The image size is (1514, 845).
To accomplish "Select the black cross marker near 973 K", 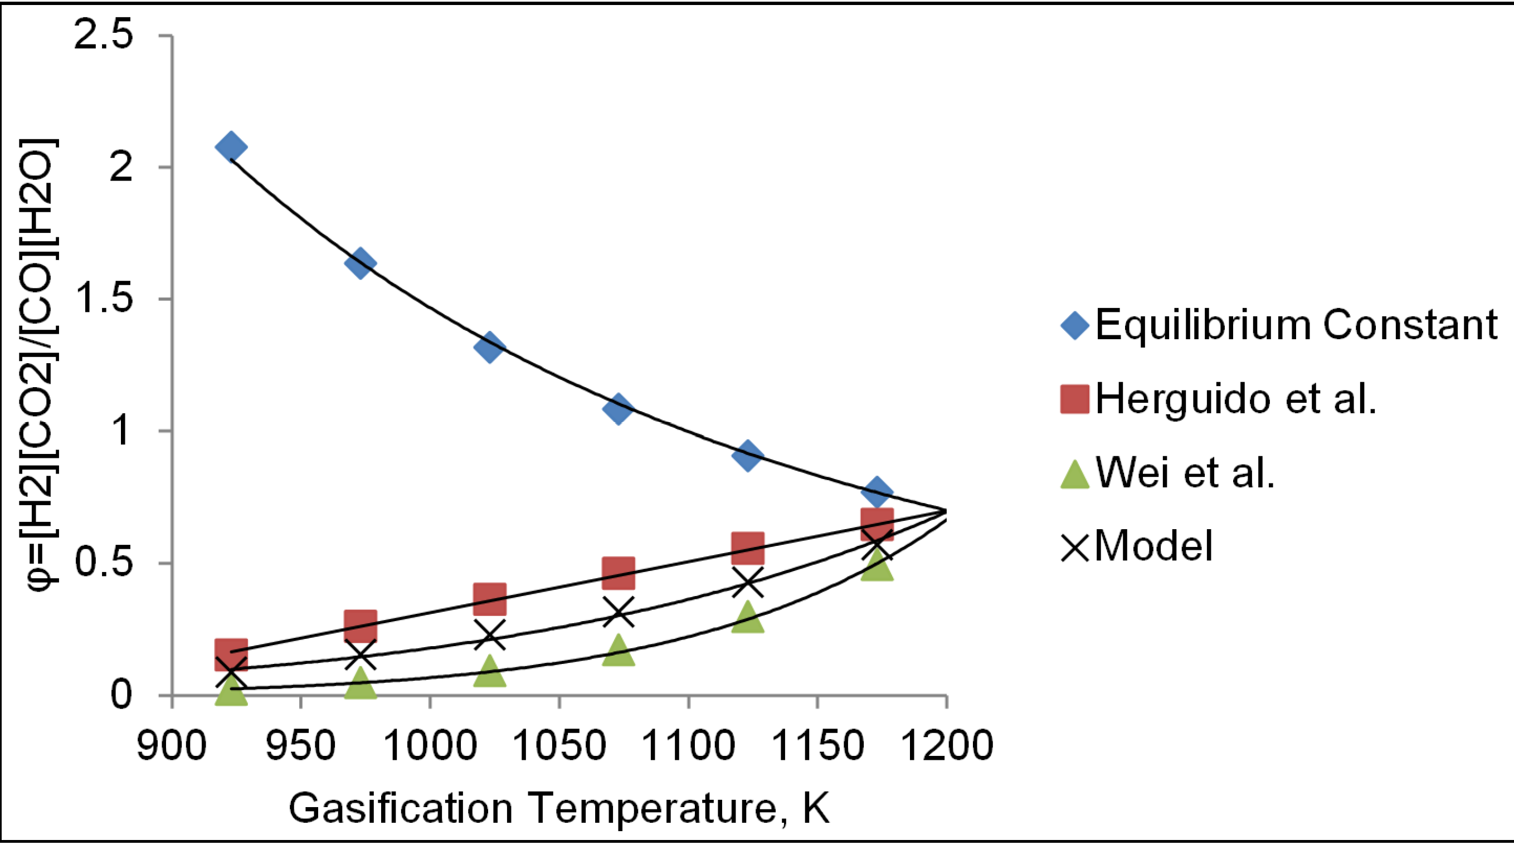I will tap(359, 655).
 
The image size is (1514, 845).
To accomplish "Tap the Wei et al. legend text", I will tap(1185, 473).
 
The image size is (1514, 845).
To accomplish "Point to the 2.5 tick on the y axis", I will tap(101, 36).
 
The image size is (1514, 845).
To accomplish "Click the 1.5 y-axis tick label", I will tap(101, 300).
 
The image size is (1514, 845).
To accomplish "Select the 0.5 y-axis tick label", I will tap(101, 563).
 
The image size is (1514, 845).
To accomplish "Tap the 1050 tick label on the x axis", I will tap(559, 746).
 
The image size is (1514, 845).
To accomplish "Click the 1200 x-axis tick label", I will tap(946, 746).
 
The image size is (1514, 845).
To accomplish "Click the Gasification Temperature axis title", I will tap(559, 809).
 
